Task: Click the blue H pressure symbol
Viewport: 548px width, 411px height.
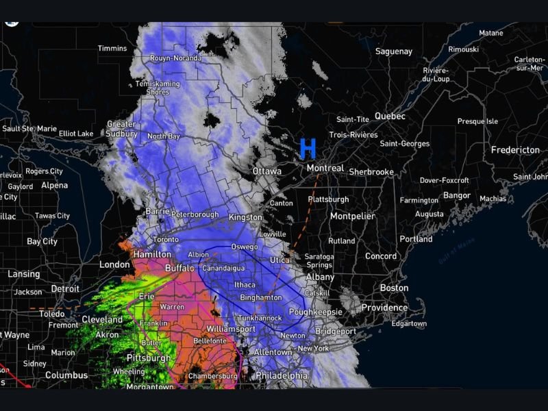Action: click(308, 148)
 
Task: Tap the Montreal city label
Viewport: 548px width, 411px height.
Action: click(325, 168)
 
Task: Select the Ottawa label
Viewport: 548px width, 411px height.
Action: click(266, 171)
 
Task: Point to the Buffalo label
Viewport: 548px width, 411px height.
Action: click(179, 269)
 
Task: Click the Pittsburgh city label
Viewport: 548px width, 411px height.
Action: click(149, 358)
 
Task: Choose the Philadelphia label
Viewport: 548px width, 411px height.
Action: click(282, 375)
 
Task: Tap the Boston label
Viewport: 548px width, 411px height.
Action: click(394, 288)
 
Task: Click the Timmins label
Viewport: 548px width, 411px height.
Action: click(112, 49)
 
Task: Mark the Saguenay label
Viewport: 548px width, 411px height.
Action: click(394, 51)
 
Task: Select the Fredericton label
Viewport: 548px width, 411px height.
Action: click(516, 149)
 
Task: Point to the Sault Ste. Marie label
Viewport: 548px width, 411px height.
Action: click(29, 128)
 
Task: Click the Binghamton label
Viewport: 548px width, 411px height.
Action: click(261, 298)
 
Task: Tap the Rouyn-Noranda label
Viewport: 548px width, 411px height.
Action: click(176, 58)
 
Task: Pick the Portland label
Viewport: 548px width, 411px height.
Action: click(416, 240)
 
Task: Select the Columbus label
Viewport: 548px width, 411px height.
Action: click(66, 375)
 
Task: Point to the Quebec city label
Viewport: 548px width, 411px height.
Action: click(390, 116)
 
